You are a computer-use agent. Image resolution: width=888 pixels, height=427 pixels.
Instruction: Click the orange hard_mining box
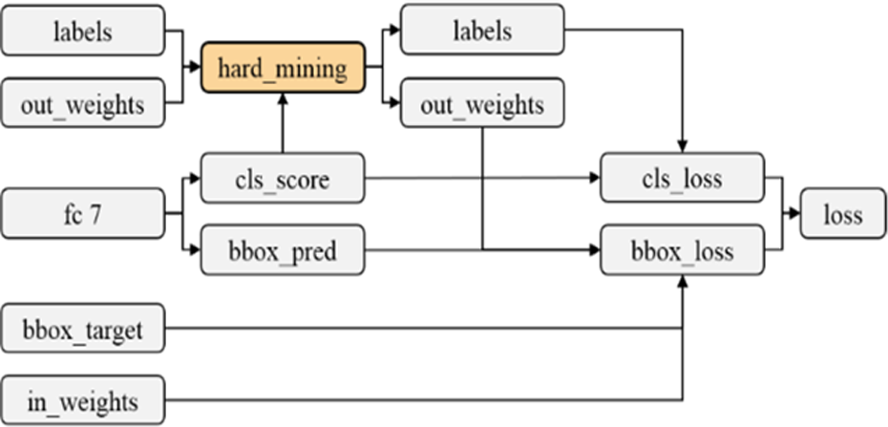click(284, 68)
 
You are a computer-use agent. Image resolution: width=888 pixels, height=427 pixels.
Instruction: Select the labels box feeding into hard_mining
click(83, 31)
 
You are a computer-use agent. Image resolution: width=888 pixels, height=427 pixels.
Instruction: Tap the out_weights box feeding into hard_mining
click(83, 102)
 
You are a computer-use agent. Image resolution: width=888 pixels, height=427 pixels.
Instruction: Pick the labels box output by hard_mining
click(482, 30)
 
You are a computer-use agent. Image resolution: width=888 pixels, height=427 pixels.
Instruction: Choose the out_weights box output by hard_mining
click(482, 102)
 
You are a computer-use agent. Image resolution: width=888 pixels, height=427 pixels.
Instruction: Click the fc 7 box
click(83, 214)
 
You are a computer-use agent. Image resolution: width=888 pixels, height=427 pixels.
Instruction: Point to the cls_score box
click(283, 178)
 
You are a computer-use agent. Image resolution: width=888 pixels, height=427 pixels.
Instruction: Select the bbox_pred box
click(283, 249)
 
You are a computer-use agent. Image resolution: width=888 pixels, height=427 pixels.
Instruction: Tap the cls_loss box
click(682, 178)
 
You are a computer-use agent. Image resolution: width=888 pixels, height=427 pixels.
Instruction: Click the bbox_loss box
click(682, 249)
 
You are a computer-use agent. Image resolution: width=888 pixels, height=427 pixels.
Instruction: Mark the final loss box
click(843, 214)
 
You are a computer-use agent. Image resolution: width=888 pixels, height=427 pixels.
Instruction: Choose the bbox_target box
click(83, 328)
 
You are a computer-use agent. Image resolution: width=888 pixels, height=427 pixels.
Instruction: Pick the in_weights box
click(83, 400)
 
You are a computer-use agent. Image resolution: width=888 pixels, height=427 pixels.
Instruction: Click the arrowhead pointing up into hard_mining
click(284, 98)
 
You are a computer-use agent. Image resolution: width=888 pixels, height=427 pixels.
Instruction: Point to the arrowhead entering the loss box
click(794, 214)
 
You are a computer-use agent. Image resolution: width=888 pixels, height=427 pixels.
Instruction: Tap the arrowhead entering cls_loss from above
click(683, 147)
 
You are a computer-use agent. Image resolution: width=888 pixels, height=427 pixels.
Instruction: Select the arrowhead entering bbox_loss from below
click(683, 281)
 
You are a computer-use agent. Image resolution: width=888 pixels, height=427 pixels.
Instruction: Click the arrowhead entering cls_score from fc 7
click(196, 178)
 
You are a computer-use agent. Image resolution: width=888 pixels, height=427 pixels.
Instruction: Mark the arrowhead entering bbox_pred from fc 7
click(196, 249)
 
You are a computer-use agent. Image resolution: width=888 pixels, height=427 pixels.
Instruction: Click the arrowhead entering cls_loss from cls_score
click(595, 178)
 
